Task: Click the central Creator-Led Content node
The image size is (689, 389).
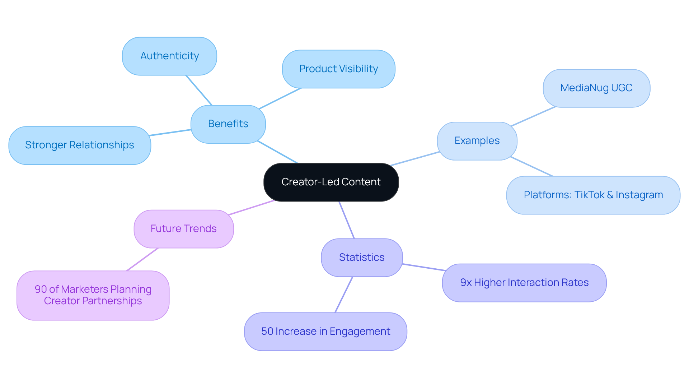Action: click(331, 182)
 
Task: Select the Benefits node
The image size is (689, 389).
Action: click(228, 124)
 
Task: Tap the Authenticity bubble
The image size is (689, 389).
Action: click(169, 56)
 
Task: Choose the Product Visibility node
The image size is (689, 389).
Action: click(338, 69)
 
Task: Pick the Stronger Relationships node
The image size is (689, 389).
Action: click(79, 145)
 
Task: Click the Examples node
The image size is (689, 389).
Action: click(477, 141)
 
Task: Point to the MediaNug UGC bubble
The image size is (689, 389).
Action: click(596, 88)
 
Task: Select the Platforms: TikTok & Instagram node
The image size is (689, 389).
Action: click(593, 195)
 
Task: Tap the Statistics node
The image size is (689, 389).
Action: click(361, 258)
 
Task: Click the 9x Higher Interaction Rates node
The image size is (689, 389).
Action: click(524, 283)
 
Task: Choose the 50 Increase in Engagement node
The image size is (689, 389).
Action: click(325, 332)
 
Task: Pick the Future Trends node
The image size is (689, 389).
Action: click(183, 229)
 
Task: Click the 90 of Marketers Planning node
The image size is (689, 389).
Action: click(93, 295)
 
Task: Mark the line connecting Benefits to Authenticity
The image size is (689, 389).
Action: click(199, 90)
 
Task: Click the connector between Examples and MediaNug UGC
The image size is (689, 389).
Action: click(533, 116)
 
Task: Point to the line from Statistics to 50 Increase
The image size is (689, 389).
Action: click(344, 295)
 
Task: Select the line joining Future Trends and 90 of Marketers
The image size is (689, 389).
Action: click(142, 259)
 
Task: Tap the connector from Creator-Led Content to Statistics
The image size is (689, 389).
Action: click(347, 220)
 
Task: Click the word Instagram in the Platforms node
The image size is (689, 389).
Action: click(639, 195)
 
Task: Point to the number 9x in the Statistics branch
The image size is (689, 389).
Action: click(466, 283)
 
